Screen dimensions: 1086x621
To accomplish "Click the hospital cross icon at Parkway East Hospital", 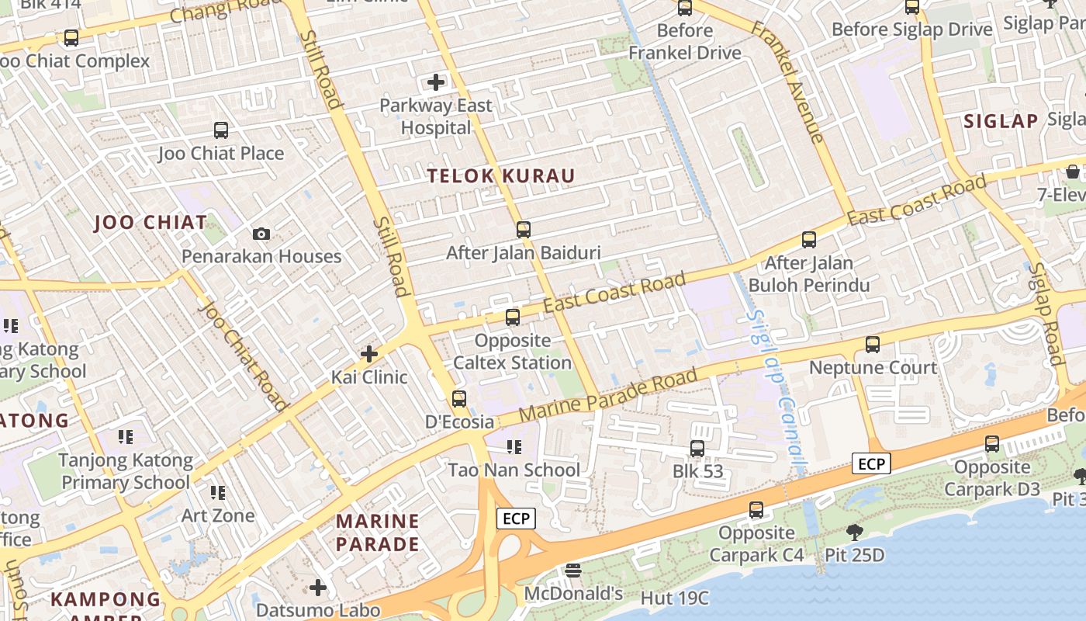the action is [436, 82].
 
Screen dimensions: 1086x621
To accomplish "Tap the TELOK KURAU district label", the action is [501, 176].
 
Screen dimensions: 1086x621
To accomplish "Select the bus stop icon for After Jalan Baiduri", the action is [524, 230].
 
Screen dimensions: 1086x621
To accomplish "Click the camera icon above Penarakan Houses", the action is [261, 234].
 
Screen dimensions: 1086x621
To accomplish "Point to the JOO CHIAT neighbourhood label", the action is [150, 223].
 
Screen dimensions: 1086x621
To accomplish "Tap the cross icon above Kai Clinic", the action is [369, 355].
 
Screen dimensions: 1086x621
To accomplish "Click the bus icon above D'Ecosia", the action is [459, 399].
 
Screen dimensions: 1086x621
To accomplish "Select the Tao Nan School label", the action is [514, 470].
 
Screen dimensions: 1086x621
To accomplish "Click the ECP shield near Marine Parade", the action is [516, 519].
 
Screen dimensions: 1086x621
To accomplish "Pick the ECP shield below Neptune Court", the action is [871, 464].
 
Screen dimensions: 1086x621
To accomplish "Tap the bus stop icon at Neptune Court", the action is [873, 345].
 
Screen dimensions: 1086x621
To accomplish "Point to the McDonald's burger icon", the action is [573, 571].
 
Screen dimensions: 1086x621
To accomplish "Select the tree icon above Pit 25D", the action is [854, 533].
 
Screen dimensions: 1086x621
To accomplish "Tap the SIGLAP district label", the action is [1001, 121].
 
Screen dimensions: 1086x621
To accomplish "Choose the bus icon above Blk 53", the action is [697, 449].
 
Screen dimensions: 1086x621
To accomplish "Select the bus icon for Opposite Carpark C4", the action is [756, 510].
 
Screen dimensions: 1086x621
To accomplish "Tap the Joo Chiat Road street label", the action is [243, 355].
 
